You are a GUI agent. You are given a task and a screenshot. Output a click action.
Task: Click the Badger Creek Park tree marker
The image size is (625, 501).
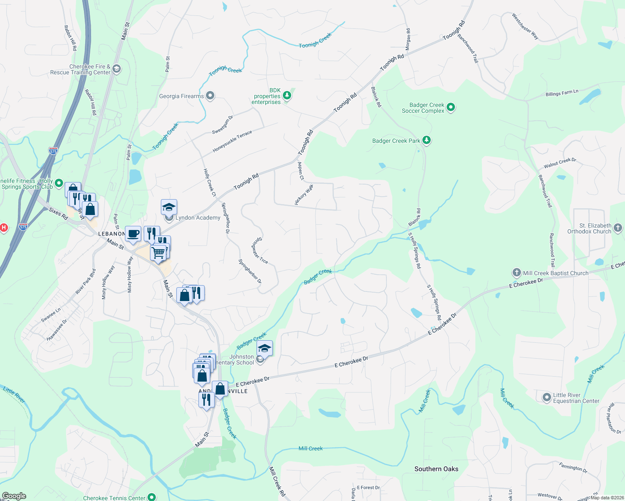pos(426,140)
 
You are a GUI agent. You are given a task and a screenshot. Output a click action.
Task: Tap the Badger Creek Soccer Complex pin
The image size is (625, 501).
pos(451,108)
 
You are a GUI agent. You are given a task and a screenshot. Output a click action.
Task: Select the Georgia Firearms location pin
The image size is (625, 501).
pos(210,96)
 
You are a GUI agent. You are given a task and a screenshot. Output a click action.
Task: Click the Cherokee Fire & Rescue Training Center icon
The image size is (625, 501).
pos(117,69)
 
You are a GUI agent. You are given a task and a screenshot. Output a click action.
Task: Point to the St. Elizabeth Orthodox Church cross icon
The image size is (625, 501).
pos(618,228)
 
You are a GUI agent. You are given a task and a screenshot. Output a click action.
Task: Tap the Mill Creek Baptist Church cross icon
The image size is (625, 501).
pos(517,273)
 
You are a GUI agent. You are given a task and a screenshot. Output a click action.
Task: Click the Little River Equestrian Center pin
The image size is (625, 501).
pos(546,397)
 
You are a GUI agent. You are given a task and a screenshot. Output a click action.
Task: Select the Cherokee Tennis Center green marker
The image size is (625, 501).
pos(152,497)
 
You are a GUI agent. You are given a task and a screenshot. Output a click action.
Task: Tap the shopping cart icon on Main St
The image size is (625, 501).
pos(158,252)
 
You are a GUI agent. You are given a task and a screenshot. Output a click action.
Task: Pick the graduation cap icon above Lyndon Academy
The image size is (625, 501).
pos(169,207)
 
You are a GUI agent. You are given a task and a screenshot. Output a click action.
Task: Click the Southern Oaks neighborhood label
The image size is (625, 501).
pos(436,469)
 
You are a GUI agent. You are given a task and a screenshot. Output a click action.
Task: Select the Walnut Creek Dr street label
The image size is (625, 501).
pos(560,163)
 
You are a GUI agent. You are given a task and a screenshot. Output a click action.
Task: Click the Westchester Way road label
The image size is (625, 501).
pos(525,26)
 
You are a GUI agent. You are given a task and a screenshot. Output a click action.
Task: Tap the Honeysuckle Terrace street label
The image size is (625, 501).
pos(232,142)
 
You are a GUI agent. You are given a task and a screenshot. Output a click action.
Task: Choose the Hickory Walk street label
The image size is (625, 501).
pos(304,195)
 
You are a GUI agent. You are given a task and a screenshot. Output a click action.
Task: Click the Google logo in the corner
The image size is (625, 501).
pos(14,496)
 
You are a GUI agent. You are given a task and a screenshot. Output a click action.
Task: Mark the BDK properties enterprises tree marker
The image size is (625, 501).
pos(287,96)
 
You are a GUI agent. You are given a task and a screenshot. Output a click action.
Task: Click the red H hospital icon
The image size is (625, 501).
pos(3,228)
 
